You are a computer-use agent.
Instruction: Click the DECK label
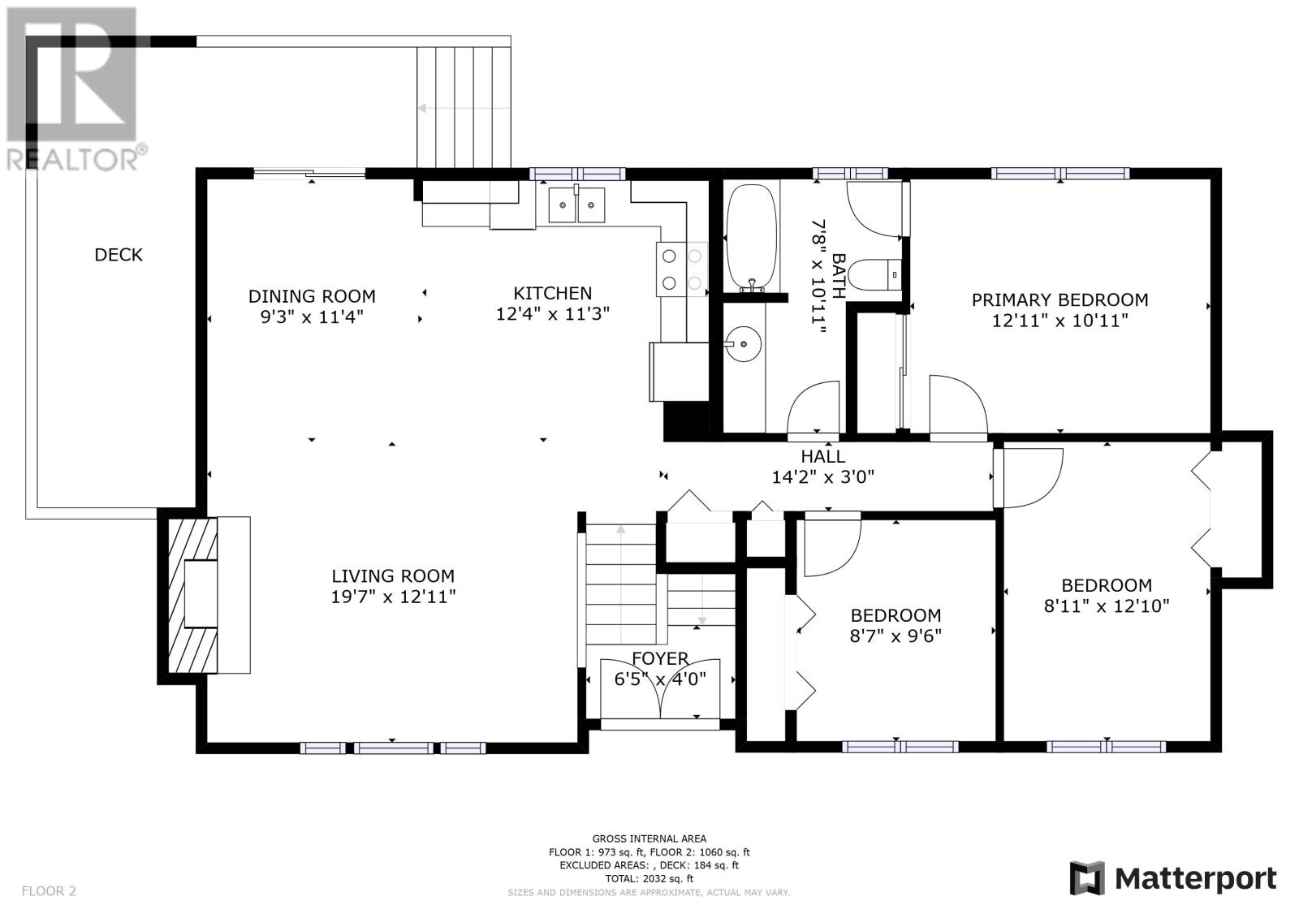point(119,255)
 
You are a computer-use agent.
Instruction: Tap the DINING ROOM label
point(312,296)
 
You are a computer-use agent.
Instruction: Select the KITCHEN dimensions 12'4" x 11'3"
point(553,314)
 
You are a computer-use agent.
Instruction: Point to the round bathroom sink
point(744,344)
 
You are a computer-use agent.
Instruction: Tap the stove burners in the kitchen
point(682,269)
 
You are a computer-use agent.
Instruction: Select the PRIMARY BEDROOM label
point(1060,300)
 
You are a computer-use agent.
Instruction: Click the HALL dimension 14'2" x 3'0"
point(823,476)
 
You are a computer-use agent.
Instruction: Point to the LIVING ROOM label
point(393,575)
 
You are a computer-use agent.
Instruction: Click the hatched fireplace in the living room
point(192,595)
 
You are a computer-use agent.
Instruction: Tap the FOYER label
point(660,658)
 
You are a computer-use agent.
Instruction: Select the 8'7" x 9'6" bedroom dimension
point(896,636)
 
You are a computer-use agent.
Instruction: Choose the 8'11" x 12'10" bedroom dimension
point(1107,606)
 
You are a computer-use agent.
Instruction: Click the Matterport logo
point(1173,878)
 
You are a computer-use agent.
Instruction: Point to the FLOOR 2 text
point(50,890)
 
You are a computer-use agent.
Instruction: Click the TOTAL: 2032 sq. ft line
point(649,878)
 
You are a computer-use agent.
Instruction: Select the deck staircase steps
point(464,107)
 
